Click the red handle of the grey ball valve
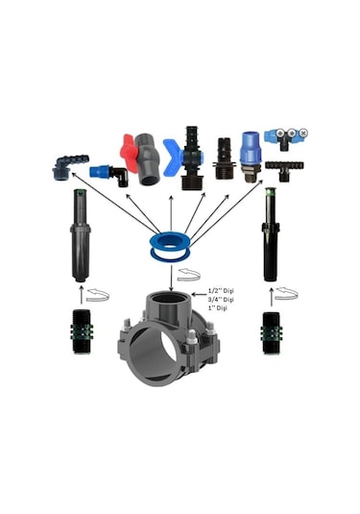tap(129, 153)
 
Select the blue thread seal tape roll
tap(170, 248)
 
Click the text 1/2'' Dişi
tap(221, 291)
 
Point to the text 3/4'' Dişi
tap(221, 300)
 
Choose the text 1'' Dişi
tap(218, 308)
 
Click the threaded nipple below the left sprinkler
tap(82, 331)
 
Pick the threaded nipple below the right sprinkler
tap(271, 333)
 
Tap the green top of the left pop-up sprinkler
tap(80, 191)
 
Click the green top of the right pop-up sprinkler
tap(271, 189)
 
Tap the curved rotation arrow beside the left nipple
tap(98, 295)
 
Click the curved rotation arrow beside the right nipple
tap(286, 293)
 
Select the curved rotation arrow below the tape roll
tap(188, 275)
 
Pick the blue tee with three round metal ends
tap(286, 139)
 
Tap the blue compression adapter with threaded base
tap(252, 157)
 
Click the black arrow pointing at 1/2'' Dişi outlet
tap(199, 294)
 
